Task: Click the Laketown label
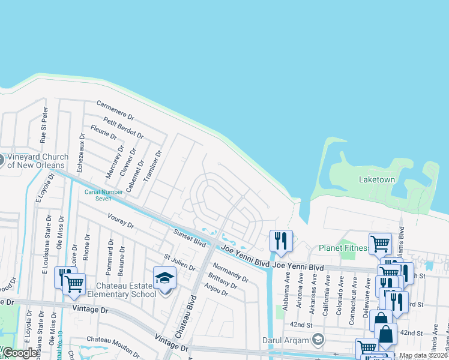[376, 179]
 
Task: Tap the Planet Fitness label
[344, 248]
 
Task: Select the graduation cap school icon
[164, 278]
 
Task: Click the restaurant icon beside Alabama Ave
[281, 241]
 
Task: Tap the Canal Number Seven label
[103, 194]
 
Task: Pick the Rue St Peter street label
[43, 125]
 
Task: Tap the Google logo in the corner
[19, 353]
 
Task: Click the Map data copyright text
[423, 355]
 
